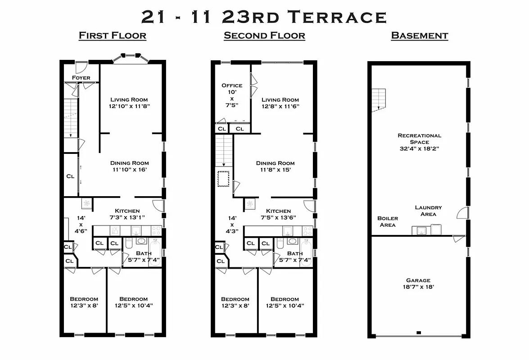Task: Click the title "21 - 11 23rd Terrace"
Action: tap(264, 17)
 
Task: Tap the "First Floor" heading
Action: tap(112, 36)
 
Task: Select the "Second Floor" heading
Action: tap(264, 36)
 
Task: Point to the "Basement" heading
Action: tap(419, 36)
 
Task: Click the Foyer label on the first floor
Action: tap(81, 78)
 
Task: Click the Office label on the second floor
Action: tap(232, 85)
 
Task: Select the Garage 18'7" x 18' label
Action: tap(418, 283)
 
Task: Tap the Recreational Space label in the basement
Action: tap(419, 142)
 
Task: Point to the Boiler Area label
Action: tap(387, 221)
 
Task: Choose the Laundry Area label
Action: tap(428, 211)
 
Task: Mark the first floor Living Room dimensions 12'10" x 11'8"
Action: tap(129, 107)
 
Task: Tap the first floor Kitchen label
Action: tap(127, 211)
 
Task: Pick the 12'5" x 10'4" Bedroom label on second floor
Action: tap(285, 302)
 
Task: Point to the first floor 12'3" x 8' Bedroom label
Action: tap(84, 302)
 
